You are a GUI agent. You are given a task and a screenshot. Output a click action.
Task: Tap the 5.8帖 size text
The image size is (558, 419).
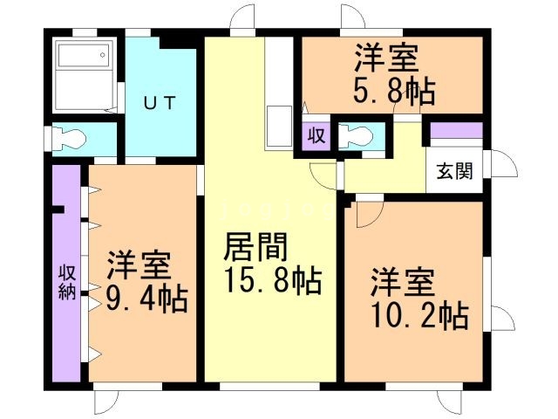[x=394, y=91]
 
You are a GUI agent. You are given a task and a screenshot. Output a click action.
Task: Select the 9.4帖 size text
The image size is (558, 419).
[x=146, y=299]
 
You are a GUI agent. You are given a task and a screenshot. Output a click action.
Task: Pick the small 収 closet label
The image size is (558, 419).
[x=316, y=137]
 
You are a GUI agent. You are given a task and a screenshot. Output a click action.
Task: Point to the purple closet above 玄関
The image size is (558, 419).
[x=456, y=131]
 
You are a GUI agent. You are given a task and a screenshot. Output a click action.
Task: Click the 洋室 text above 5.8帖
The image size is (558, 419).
[x=386, y=58]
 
